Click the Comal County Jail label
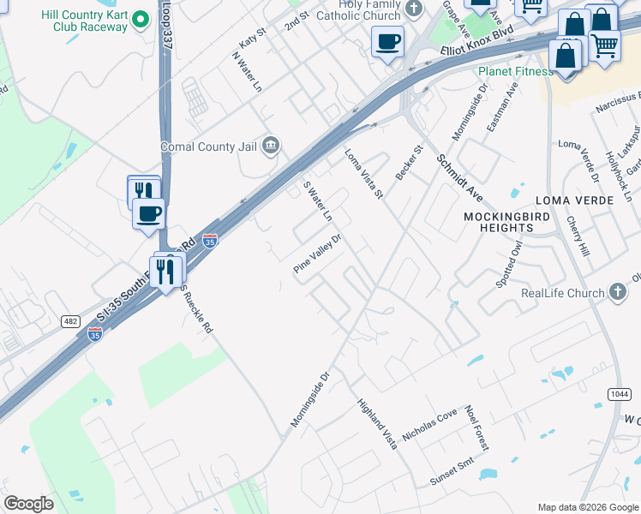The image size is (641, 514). coord(209,146)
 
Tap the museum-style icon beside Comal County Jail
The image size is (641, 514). coord(271,146)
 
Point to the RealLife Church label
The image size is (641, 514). coord(562,293)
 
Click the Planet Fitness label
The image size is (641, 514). coord(515,71)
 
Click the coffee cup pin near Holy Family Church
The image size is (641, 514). coord(387,41)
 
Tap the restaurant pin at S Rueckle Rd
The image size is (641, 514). coord(165,272)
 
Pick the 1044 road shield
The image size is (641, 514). coord(618,393)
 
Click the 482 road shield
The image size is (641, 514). coord(70,321)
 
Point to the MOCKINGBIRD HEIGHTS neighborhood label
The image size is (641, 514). coord(506,222)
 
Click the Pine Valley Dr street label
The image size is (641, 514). coord(317,254)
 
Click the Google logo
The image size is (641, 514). coord(28,504)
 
